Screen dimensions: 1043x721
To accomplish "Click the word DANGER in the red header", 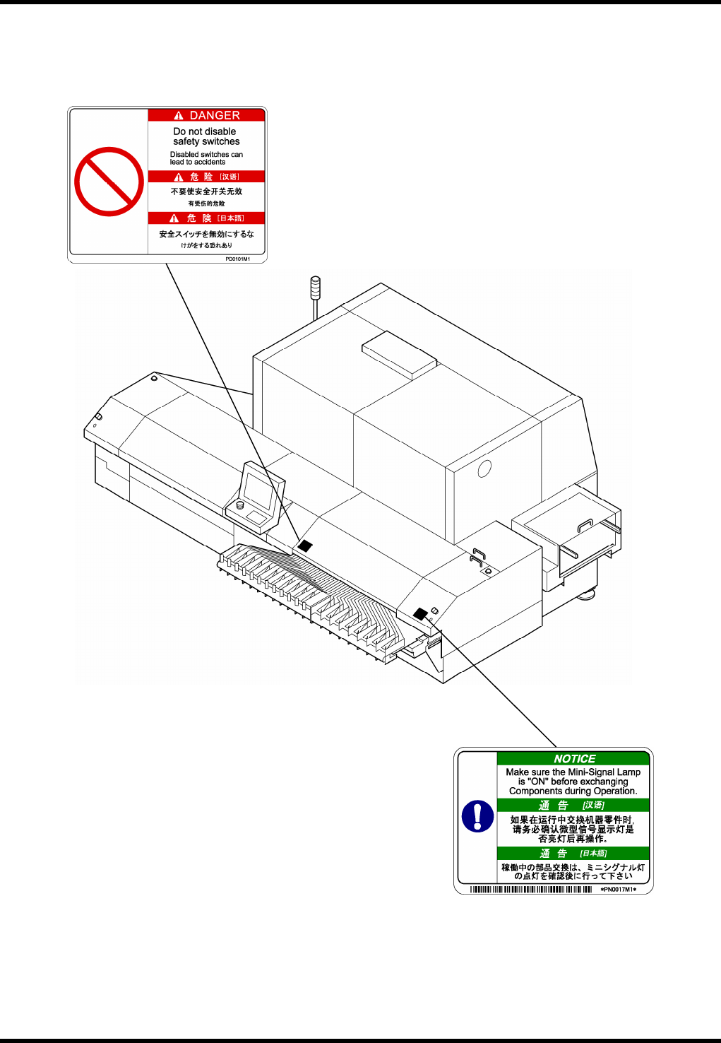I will point(215,115).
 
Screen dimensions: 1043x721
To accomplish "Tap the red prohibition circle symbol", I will point(109,182).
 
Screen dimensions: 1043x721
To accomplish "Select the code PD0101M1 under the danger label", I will point(237,259).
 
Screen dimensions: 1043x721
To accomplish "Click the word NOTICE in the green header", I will point(574,758).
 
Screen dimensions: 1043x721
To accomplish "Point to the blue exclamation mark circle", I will point(477,816).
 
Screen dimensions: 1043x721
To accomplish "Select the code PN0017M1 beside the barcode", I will point(618,890).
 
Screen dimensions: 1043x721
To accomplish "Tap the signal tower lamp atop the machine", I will point(316,289).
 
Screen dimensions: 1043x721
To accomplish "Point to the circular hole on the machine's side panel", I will point(484,469).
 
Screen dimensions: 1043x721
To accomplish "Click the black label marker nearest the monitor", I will point(304,546).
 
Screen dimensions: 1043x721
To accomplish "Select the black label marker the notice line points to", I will point(420,613).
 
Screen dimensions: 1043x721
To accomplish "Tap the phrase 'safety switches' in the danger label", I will point(206,141).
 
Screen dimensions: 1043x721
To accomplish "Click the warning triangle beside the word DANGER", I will point(179,116).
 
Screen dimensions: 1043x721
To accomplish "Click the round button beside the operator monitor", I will point(239,505).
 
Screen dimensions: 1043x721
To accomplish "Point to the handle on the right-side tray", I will point(585,524).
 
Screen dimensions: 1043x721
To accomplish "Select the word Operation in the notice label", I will point(615,791).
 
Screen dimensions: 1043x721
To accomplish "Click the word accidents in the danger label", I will point(210,162).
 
